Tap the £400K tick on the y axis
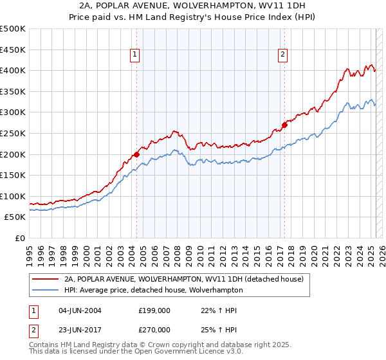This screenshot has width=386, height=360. coord(13,70)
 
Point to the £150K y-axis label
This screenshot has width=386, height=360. coord(13,175)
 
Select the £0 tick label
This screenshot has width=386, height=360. coord(20,238)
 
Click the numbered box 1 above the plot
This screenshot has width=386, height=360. coord(135,55)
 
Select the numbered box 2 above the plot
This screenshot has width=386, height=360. coord(282,55)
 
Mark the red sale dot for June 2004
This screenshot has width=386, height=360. coord(136,154)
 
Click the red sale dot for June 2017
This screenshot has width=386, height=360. coord(284,125)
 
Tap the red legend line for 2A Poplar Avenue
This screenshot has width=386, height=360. coord(44,279)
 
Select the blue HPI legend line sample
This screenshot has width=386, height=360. coord(44,290)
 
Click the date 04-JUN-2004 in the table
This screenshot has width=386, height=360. coord(80,310)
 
